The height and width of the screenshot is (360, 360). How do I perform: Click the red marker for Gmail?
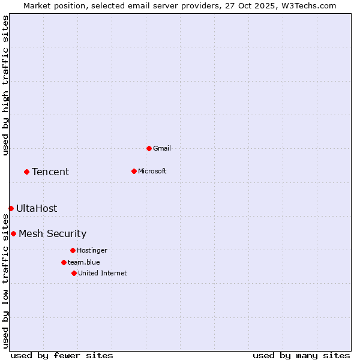[x=149, y=148]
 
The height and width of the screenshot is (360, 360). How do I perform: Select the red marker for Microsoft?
[x=134, y=171]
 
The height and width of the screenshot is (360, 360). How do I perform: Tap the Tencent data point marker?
[x=26, y=172]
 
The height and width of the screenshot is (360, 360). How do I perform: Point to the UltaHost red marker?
[x=11, y=208]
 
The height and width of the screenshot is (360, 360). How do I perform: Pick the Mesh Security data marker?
[x=13, y=233]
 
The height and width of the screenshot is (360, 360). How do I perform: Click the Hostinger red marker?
[x=73, y=250]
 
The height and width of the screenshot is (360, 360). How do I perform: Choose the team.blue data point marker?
[x=64, y=262]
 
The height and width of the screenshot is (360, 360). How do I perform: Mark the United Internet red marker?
[x=74, y=273]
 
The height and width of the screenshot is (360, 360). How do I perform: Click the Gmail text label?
[x=162, y=148]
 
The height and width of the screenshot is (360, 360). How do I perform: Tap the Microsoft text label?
[x=152, y=171]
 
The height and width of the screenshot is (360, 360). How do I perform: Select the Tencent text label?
[x=50, y=172]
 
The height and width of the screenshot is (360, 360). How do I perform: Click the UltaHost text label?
[x=37, y=209]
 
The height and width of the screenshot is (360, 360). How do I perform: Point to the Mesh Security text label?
[x=52, y=234]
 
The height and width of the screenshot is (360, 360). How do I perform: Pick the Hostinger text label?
[x=92, y=250]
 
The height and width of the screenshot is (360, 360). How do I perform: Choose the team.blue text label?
[x=84, y=262]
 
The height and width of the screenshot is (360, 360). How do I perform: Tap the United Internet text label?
[x=103, y=273]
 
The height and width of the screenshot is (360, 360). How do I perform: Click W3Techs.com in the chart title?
[x=307, y=5]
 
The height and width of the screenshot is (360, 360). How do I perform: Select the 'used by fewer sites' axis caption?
[x=62, y=355]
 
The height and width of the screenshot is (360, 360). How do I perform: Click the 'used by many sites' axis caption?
[x=301, y=355]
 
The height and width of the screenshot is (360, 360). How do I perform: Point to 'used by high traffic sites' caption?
[x=5, y=86]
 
